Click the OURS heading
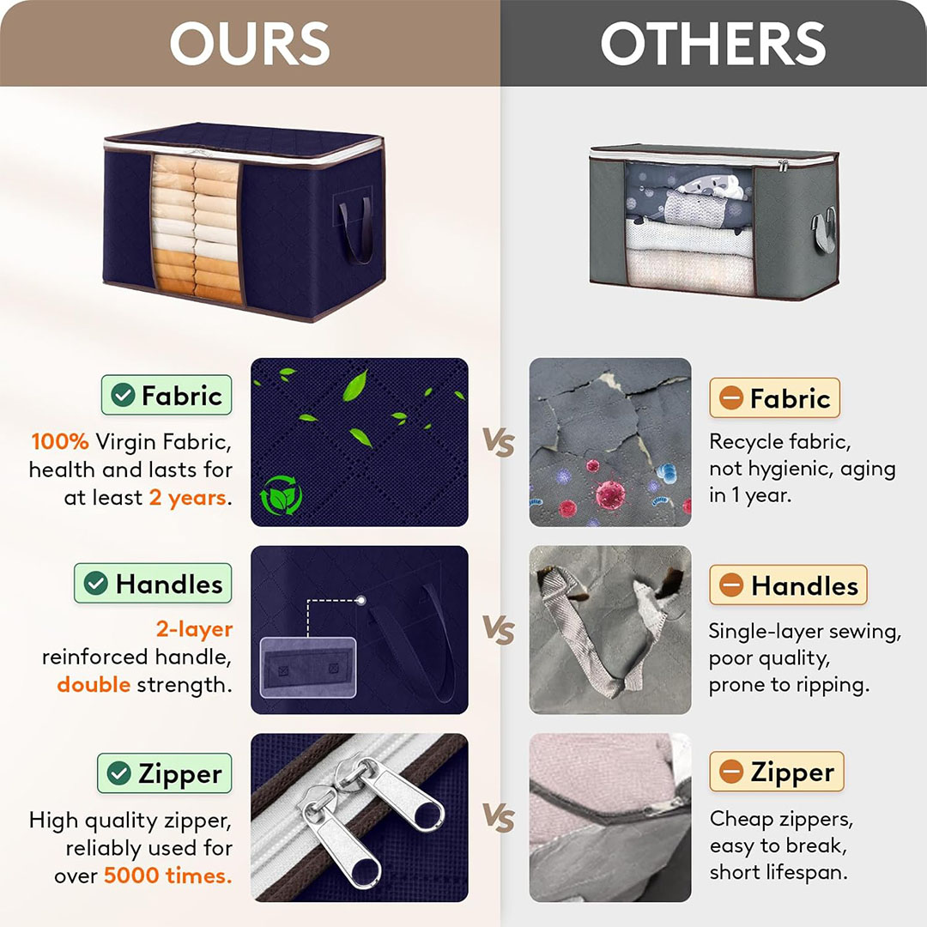pos(250,43)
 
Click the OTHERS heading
pos(713,43)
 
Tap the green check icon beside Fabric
pos(123,395)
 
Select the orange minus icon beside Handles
pos(731,585)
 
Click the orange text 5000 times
pos(168,875)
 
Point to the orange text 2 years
pos(188,498)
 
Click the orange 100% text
pos(60,442)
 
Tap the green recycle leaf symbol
pos(281,495)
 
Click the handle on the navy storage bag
pos(356,231)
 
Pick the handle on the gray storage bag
pos(824,230)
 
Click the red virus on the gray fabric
pos(610,494)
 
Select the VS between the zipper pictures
pos(499,818)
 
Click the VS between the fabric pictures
pos(499,442)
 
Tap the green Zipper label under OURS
pos(165,772)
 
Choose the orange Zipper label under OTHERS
pos(777,772)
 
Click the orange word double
pos(94,685)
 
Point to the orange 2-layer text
pos(194,630)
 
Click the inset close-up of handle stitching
pos(308,668)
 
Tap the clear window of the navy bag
pos(197,227)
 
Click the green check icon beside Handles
pos(96,584)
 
